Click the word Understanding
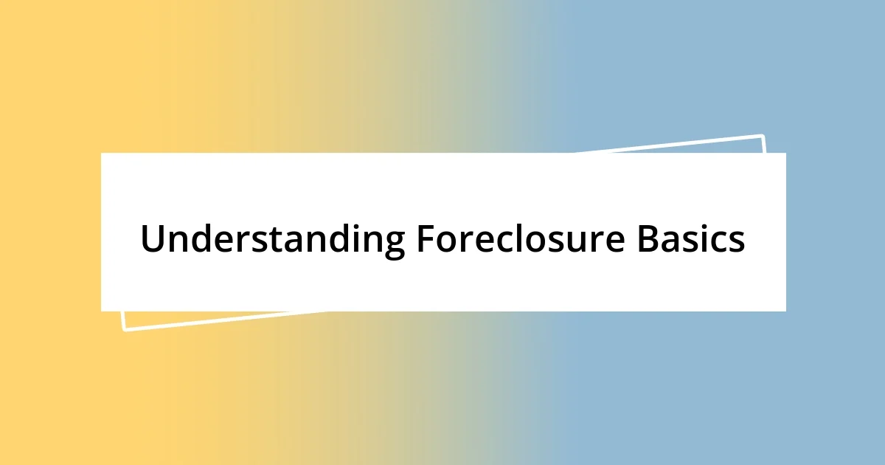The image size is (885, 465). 272,240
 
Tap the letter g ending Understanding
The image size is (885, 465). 394,244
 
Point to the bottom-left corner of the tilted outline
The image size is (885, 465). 124,329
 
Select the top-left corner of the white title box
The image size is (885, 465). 102,154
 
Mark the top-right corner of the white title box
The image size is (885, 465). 785,154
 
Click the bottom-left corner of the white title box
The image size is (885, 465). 102,311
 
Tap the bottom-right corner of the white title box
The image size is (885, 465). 785,311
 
